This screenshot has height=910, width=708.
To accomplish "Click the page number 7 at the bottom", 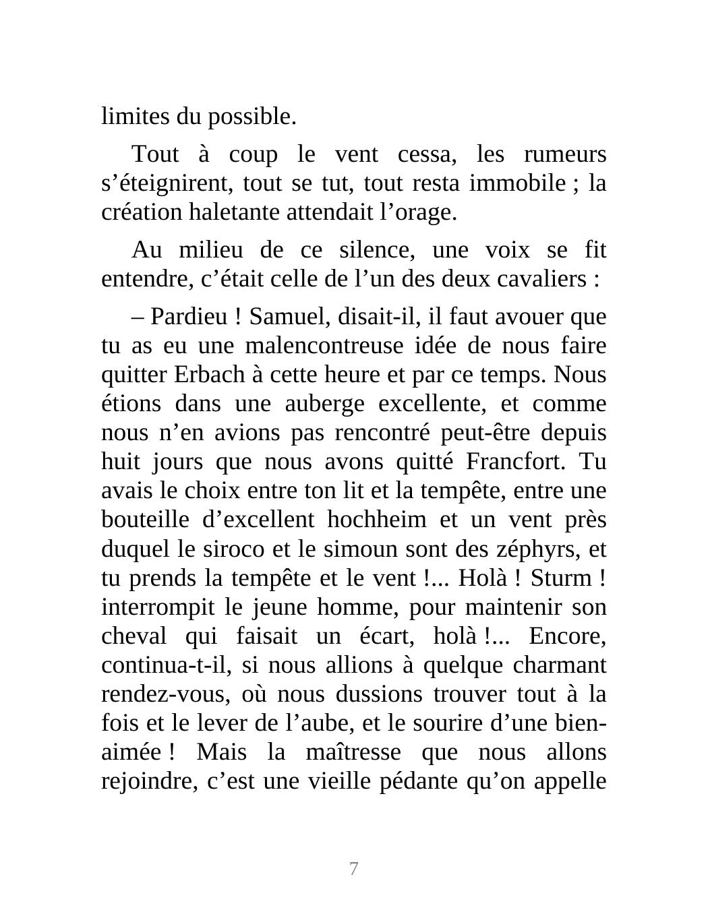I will tap(353, 869).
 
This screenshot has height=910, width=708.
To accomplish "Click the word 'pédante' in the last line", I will tap(415, 781).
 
